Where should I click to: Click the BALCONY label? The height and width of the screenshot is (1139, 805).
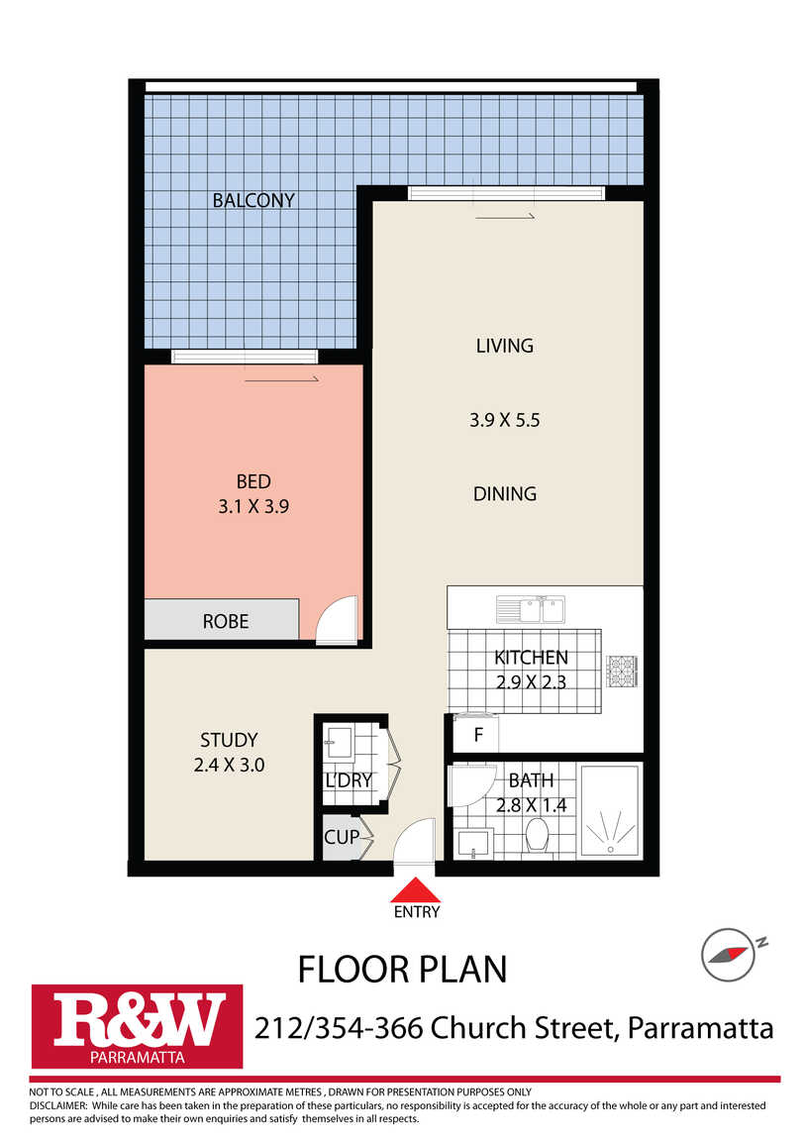253,200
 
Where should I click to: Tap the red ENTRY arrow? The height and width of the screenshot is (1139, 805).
416,889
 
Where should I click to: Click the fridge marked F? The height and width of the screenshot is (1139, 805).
476,734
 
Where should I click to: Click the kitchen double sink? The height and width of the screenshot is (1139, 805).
531,609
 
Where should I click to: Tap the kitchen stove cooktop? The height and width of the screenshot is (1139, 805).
622,671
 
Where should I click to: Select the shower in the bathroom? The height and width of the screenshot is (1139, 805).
611,810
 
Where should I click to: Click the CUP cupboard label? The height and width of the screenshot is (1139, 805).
342,837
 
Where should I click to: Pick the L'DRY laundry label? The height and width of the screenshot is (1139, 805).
349,780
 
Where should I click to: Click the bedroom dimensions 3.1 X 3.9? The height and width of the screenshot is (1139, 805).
253,506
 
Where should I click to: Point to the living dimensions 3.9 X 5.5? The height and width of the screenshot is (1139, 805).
504,420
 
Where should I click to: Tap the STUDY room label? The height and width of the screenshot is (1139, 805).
229,740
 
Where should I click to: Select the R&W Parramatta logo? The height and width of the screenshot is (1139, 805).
137,1026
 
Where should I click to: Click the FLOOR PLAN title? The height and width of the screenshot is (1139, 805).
402,969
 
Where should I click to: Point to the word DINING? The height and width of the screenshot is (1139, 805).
504,494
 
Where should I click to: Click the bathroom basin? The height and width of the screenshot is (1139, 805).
474,843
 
